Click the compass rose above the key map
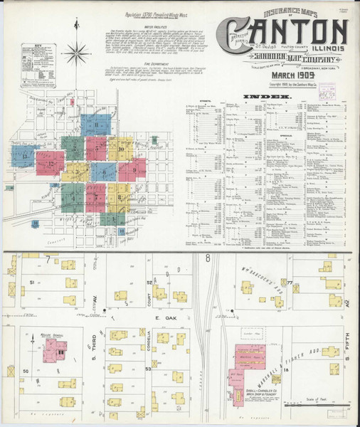(x=76, y=51)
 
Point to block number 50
(x=26, y=371)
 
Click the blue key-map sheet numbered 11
(x=96, y=125)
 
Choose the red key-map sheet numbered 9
(x=133, y=169)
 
